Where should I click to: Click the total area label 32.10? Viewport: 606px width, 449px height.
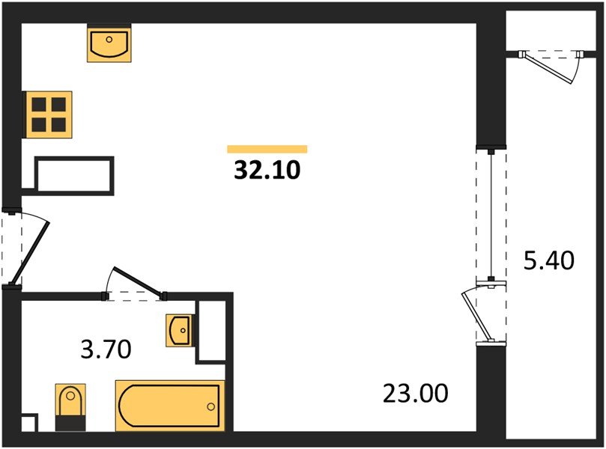tap(267, 171)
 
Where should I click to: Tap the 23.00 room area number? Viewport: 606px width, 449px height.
tap(416, 394)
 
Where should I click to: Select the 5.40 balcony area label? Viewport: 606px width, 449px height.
tap(549, 260)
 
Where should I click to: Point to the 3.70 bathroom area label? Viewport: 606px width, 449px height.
tap(106, 349)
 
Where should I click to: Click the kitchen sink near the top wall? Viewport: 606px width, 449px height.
tap(109, 43)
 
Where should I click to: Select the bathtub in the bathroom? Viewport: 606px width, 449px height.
tap(169, 406)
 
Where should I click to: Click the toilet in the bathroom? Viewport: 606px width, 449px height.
tap(70, 407)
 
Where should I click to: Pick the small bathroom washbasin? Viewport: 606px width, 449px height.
tap(179, 331)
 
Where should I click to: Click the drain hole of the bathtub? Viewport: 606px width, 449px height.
tap(210, 406)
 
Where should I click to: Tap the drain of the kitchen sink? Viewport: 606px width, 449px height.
tap(109, 40)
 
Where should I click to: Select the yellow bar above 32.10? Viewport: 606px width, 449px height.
tap(267, 149)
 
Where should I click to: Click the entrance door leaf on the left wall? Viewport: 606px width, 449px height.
tap(30, 253)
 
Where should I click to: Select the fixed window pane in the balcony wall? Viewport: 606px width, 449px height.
tap(491, 214)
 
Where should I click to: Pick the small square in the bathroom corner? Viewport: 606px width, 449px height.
tap(29, 423)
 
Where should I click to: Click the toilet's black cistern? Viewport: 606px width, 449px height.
tap(70, 424)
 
